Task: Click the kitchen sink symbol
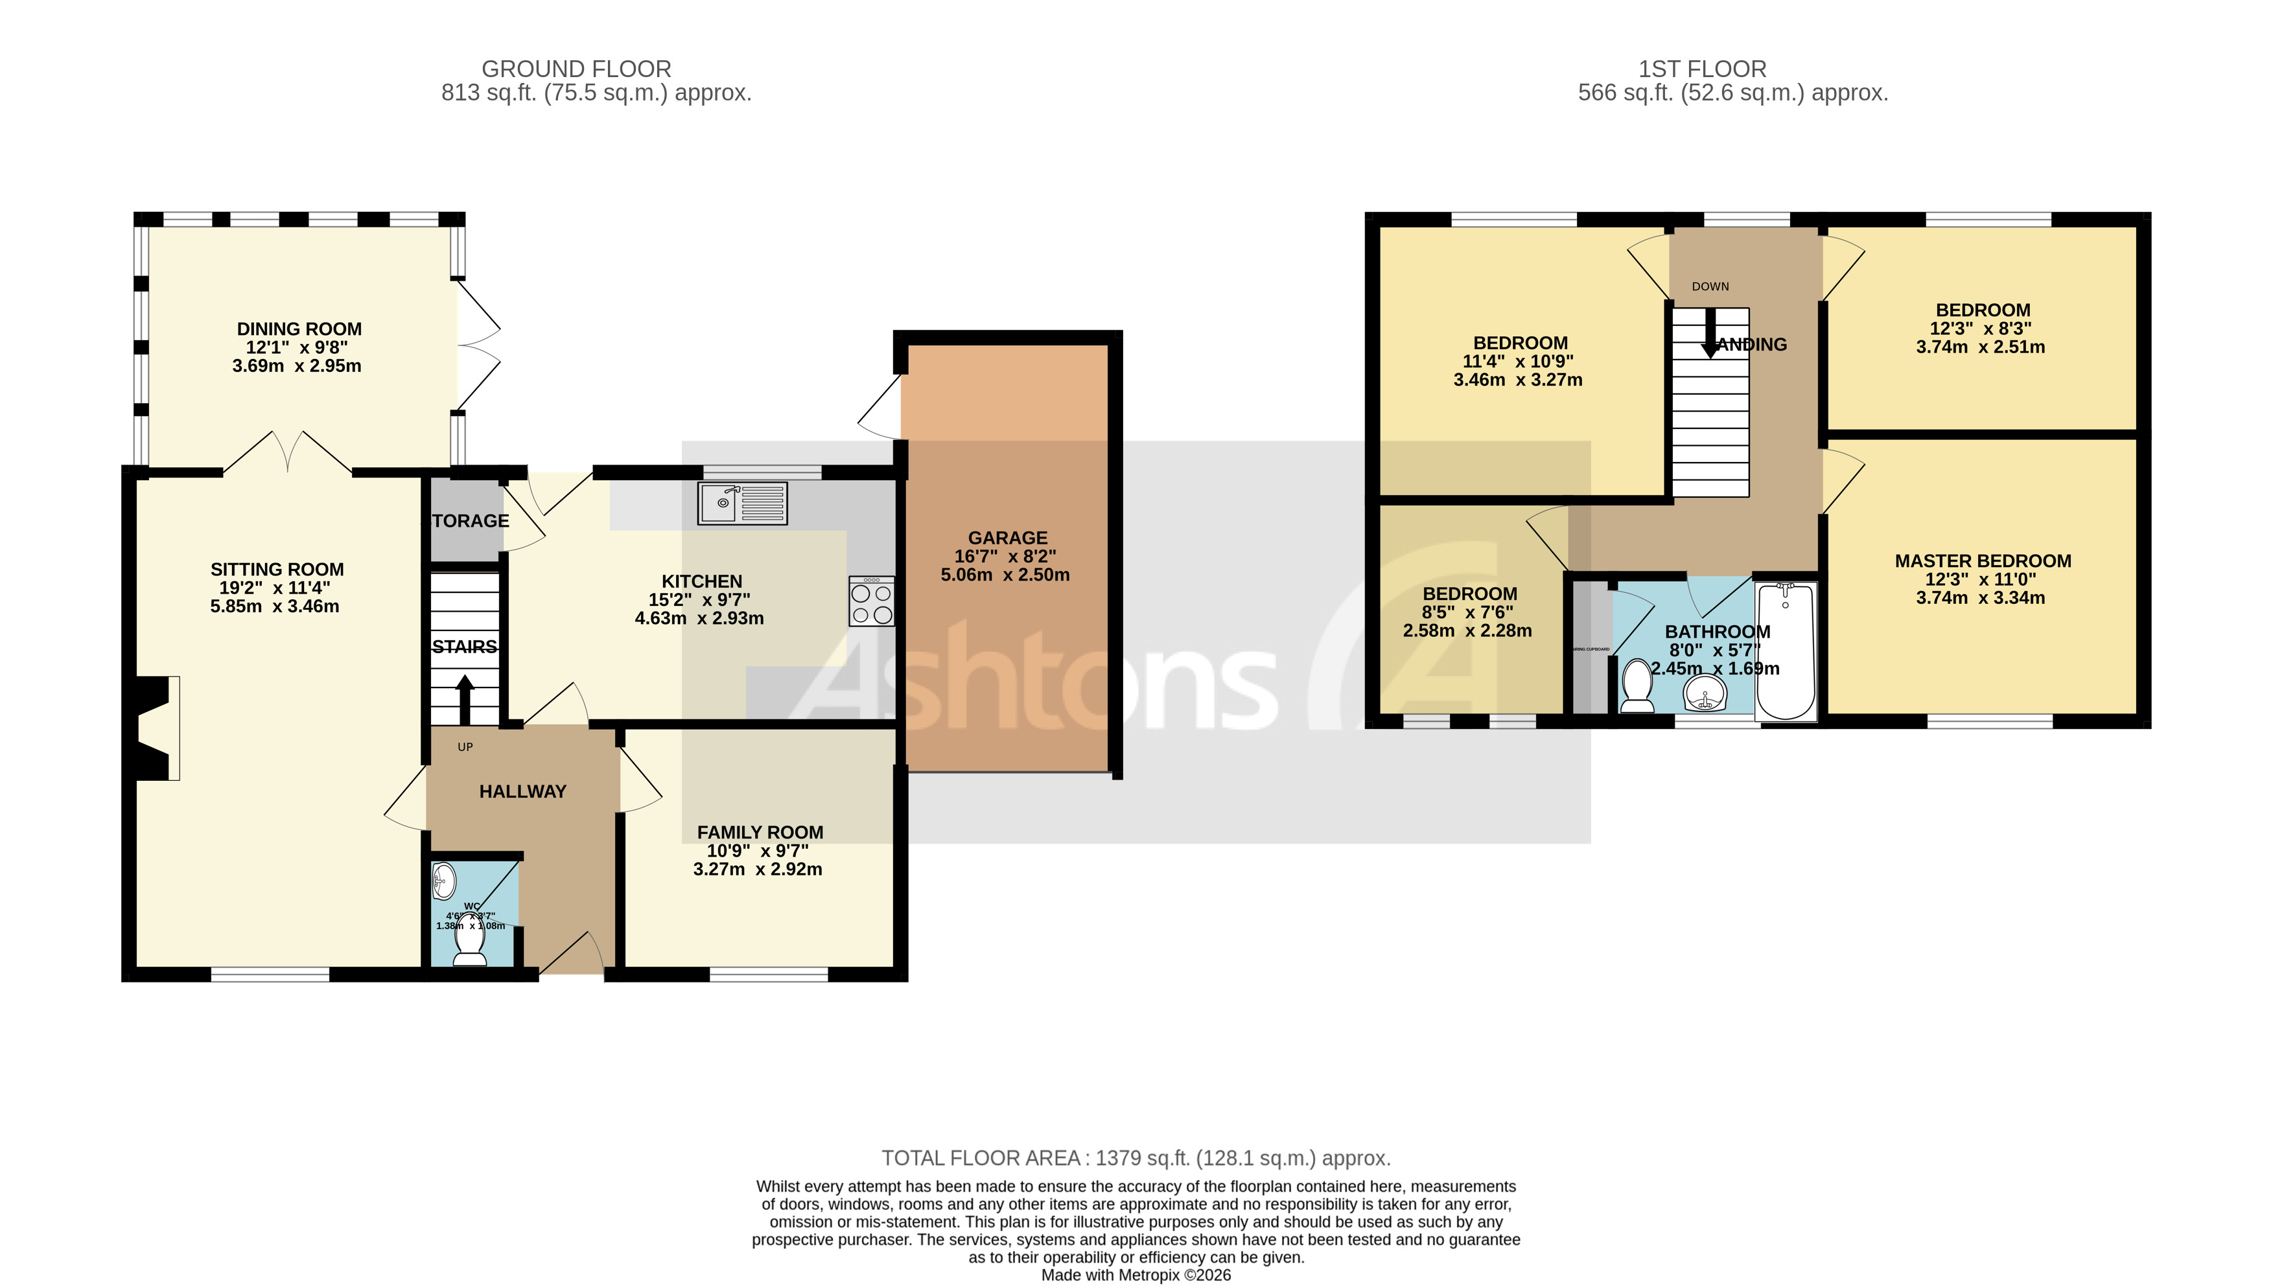(x=741, y=503)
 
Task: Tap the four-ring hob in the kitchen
(x=870, y=602)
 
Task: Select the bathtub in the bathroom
(x=1786, y=651)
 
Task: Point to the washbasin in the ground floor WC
(x=443, y=880)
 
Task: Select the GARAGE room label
(x=1007, y=537)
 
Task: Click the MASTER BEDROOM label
(x=1983, y=561)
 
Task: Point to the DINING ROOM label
(x=298, y=329)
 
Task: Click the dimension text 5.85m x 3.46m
(x=275, y=607)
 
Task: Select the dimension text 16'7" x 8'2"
(x=1005, y=556)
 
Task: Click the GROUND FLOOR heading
(x=576, y=69)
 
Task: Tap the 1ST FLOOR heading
(x=1702, y=69)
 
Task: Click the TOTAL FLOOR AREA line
(x=1135, y=1158)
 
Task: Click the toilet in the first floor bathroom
(x=1637, y=687)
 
